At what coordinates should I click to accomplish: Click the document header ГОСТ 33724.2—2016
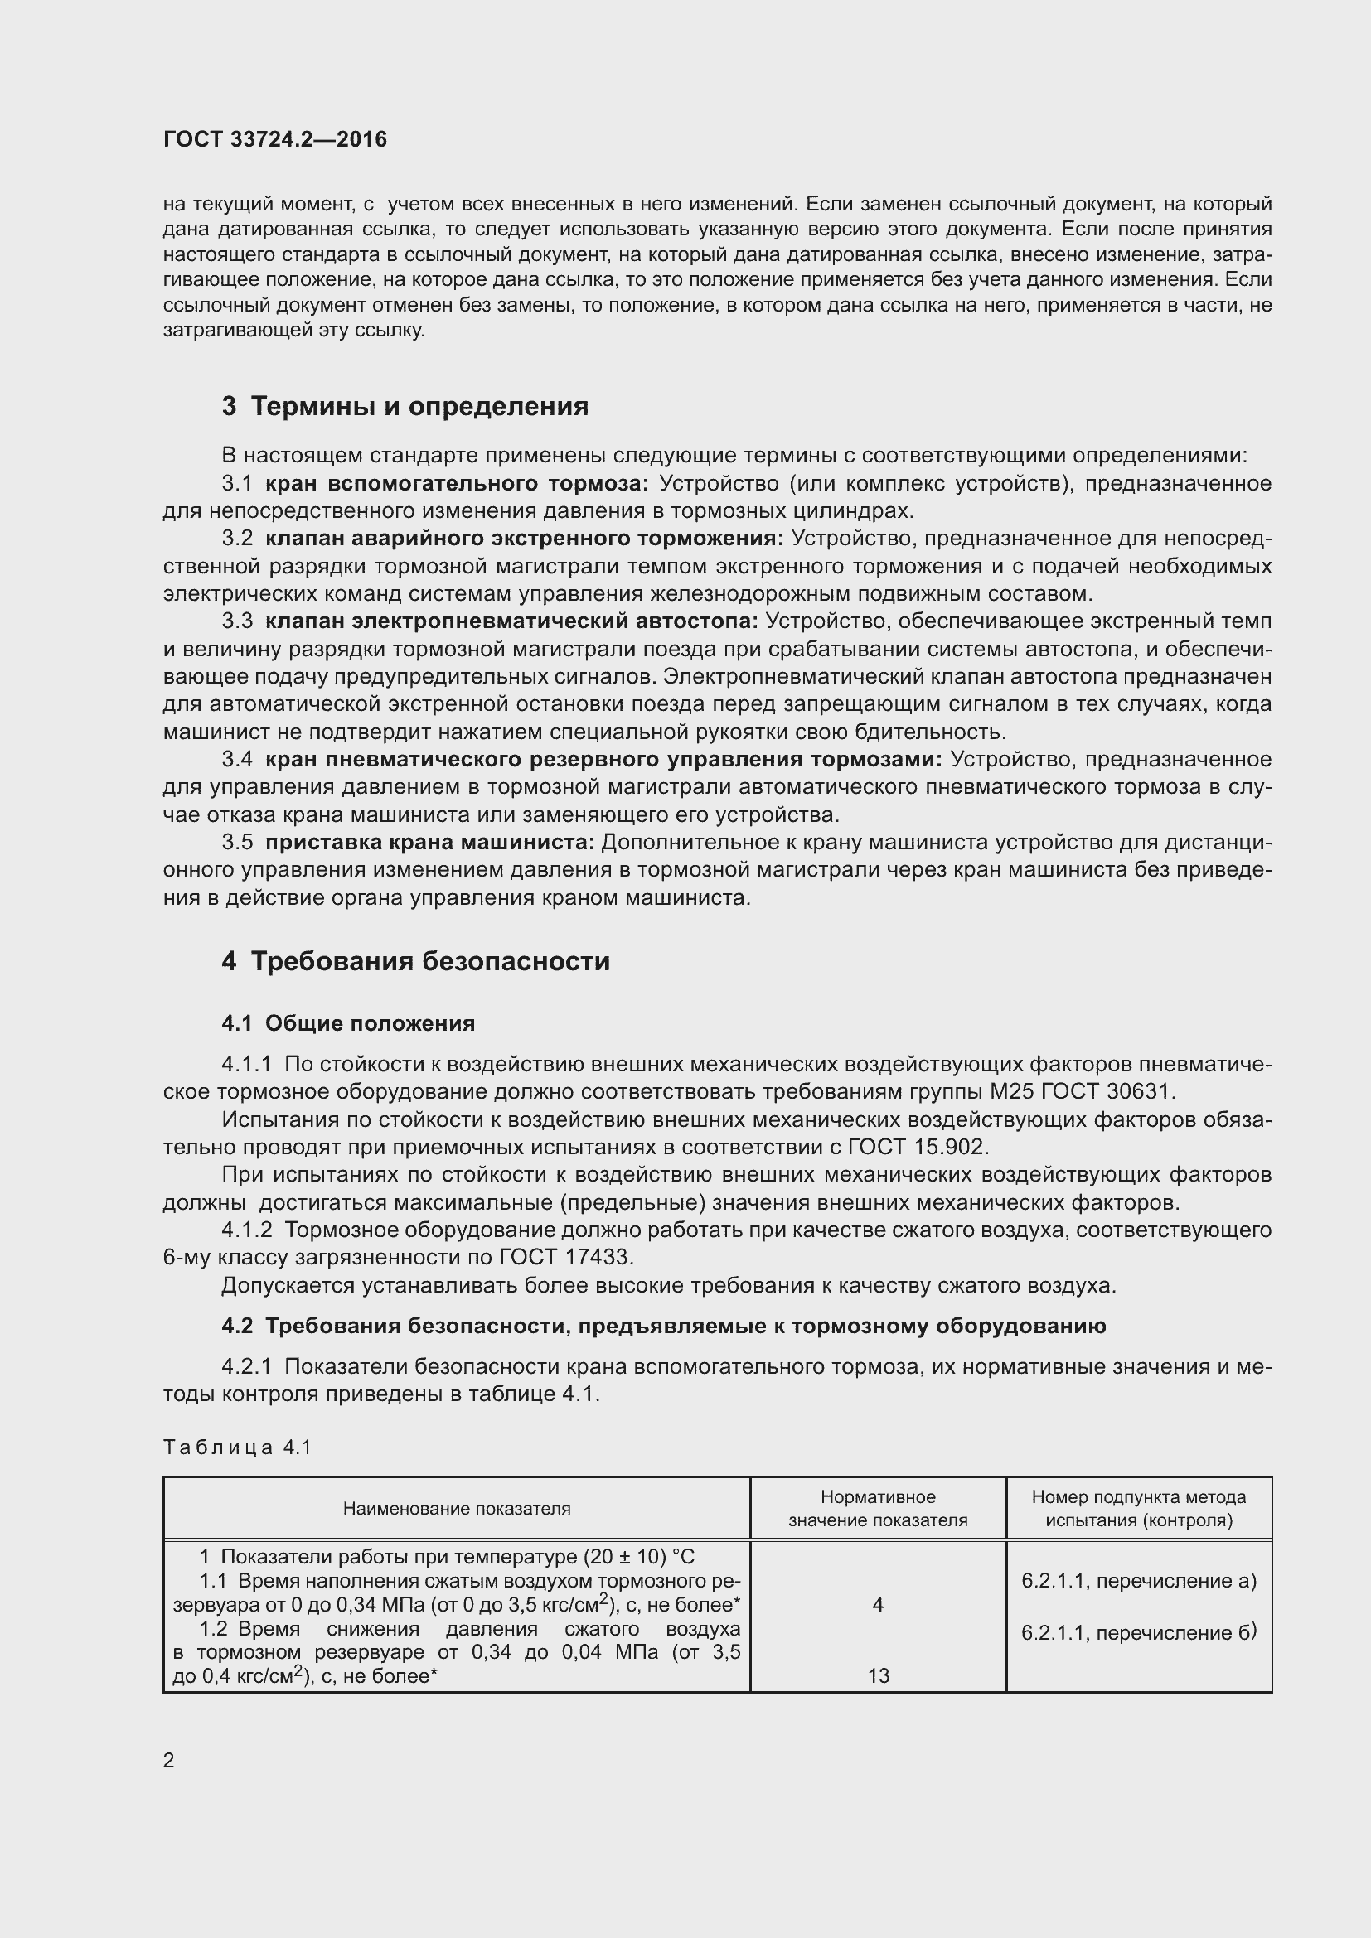pyautogui.click(x=275, y=139)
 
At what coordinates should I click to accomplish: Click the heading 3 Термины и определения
pyautogui.click(x=405, y=407)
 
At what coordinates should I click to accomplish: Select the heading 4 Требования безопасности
pyautogui.click(x=415, y=961)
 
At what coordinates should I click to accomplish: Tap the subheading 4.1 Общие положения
pyautogui.click(x=348, y=1024)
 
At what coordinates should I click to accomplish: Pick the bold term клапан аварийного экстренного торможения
pyautogui.click(x=524, y=539)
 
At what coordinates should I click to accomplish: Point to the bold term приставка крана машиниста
pyautogui.click(x=429, y=843)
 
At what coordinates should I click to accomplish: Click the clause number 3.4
pyautogui.click(x=237, y=760)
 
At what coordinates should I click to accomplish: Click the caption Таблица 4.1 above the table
pyautogui.click(x=238, y=1447)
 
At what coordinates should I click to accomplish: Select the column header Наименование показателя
pyautogui.click(x=457, y=1508)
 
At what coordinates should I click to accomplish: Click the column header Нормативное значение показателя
pyautogui.click(x=878, y=1508)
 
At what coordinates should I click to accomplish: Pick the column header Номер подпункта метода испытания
pyautogui.click(x=1139, y=1508)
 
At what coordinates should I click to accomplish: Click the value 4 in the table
pyautogui.click(x=878, y=1605)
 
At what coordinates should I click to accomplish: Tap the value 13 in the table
pyautogui.click(x=878, y=1675)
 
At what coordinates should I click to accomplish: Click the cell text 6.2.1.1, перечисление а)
pyautogui.click(x=1139, y=1581)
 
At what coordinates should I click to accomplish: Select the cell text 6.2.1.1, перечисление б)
pyautogui.click(x=1139, y=1632)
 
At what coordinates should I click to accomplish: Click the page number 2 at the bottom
pyautogui.click(x=169, y=1761)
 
